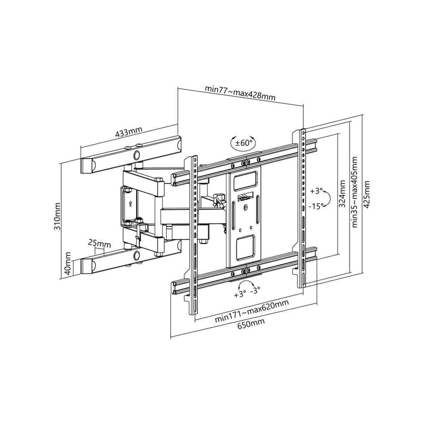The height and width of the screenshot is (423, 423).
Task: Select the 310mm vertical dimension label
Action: (x=57, y=216)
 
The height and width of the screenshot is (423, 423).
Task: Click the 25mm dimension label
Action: (x=99, y=243)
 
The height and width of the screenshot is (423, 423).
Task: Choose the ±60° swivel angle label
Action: (x=244, y=143)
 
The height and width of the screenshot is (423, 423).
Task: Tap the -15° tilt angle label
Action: (x=316, y=207)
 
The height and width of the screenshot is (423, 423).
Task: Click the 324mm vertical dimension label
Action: (x=342, y=194)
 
